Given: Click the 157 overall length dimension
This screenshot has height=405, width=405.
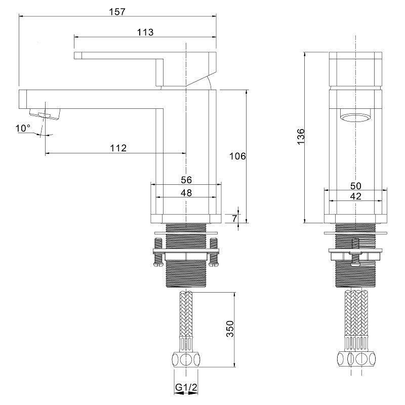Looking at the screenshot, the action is coord(117,12).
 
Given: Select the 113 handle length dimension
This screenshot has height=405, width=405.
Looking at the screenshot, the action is coord(145,32).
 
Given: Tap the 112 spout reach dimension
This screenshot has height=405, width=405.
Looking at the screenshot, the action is coord(118,148).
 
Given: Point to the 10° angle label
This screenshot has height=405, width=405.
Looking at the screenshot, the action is coord(23,128).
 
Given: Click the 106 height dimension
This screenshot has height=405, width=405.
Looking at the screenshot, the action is coord(237,156).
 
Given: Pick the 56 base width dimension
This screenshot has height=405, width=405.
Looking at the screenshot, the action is coord(186,180).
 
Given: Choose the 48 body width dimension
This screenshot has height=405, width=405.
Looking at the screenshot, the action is coord(186,193).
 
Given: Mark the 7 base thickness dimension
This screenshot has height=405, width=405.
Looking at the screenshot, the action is coord(234,218).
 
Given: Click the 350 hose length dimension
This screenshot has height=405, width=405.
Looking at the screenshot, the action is coord(230,329).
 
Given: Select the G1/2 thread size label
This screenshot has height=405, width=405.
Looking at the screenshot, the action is coord(186,387).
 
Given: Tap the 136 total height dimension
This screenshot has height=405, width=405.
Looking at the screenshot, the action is coord(301,137).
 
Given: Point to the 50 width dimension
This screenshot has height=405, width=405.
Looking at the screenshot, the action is coord(356,186).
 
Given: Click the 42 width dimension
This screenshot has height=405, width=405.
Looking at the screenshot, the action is coord(356,196).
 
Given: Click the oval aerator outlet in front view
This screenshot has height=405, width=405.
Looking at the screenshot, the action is coord(356,117).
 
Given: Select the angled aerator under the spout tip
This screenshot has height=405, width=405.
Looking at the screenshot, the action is coord(45,113).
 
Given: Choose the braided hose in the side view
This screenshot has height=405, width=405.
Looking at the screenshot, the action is coord(186,314).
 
